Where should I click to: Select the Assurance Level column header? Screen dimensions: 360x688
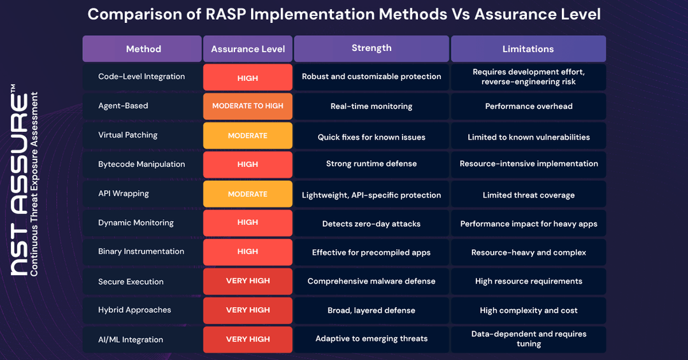pos(248,49)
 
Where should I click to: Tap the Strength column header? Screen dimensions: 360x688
pos(371,48)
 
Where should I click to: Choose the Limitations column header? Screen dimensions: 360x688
pos(528,49)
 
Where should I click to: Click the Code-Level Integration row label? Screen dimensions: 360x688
pos(141,76)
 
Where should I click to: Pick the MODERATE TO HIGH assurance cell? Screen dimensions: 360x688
pos(248,106)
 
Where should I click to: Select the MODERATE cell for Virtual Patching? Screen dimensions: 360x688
pos(248,136)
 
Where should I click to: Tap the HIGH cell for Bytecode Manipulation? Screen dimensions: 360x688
pos(248,164)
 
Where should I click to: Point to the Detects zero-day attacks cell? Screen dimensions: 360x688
pos(371,224)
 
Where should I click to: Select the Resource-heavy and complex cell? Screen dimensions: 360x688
pos(528,252)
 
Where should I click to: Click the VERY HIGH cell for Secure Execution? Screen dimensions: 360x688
pos(248,281)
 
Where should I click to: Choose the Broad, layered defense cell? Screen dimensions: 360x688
pos(371,310)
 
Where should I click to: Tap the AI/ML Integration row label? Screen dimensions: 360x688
pos(131,340)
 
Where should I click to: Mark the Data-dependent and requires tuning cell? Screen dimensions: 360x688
pos(528,339)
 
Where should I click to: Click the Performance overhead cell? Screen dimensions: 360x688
pos(528,106)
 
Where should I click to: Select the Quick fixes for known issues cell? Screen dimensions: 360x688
pos(371,137)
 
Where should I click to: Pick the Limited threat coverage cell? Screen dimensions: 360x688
pos(528,195)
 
